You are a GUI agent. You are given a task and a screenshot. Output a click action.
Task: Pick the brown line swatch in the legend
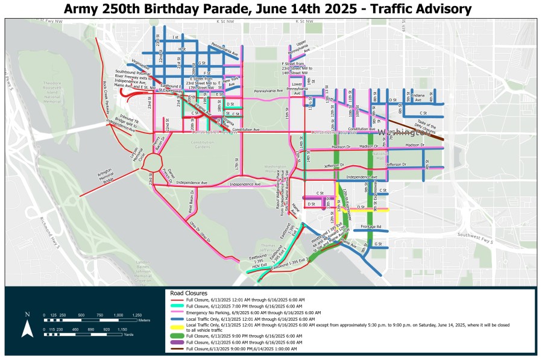(177, 349)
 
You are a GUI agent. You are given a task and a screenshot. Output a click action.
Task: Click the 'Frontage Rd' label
(372, 227)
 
